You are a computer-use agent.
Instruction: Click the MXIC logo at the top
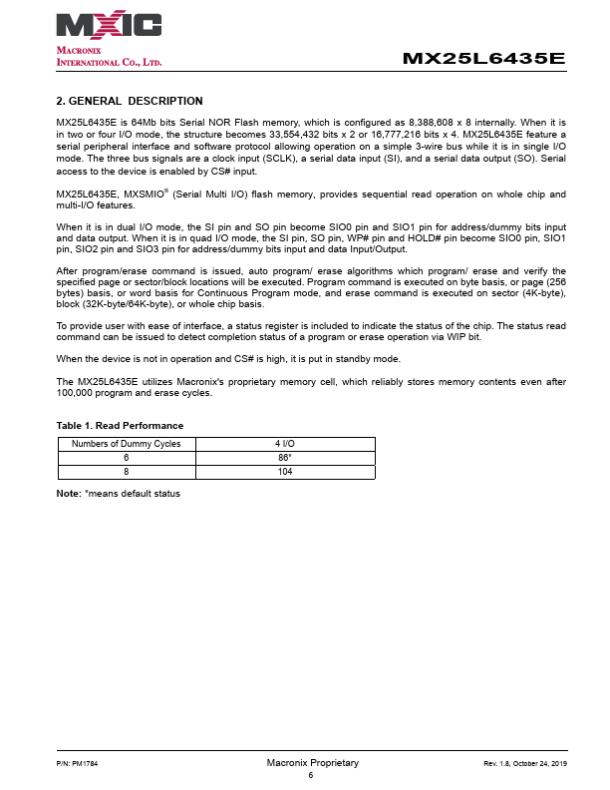[x=110, y=25]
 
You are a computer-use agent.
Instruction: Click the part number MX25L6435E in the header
[x=483, y=59]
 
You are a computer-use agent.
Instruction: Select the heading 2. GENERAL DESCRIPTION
[x=130, y=101]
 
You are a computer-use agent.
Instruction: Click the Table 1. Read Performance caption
[x=120, y=426]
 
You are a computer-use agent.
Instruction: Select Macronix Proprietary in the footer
[x=312, y=763]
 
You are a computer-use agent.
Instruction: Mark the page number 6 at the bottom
[x=311, y=774]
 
